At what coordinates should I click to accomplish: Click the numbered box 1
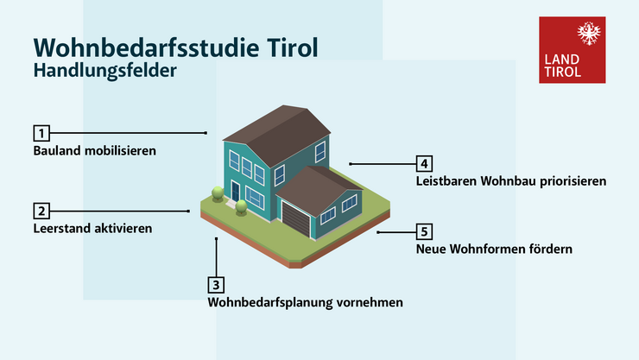pos(41,133)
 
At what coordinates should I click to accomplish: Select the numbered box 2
pos(41,211)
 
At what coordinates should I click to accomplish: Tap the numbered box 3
pos(216,285)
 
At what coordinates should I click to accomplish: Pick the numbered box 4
pos(424,164)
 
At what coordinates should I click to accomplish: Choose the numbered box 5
pos(424,231)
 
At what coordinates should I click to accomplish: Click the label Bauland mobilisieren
pos(94,151)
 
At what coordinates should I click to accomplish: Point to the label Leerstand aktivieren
pos(92,229)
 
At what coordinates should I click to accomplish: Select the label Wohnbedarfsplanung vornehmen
pos(305,302)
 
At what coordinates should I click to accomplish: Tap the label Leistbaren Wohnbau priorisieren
pos(511,181)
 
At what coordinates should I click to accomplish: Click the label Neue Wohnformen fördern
pos(494,249)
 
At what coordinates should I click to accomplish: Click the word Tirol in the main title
pos(292,47)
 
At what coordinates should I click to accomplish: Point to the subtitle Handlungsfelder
pos(104,71)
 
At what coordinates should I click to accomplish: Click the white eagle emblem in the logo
pos(589,34)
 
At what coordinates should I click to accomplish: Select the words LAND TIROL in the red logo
pos(562,66)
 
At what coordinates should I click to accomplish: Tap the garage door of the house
pos(296,219)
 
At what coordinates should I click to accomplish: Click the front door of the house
pos(235,191)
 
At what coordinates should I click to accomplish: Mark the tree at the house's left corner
pos(218,194)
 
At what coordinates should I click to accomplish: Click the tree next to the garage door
pos(241,207)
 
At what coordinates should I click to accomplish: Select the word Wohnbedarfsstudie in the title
pos(146,47)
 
